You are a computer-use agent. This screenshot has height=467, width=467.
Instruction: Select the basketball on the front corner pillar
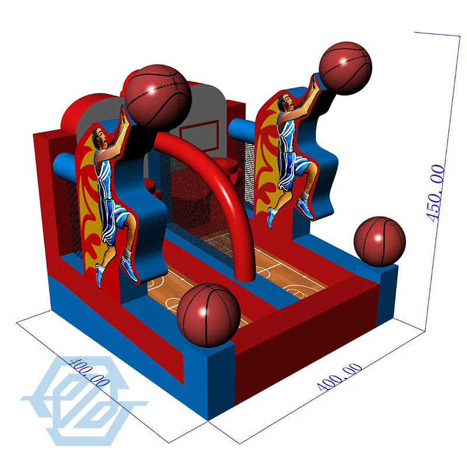pos(208,315)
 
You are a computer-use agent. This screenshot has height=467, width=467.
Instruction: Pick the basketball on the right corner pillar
pos(380,242)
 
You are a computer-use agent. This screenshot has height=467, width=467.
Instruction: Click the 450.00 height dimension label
pos(437,193)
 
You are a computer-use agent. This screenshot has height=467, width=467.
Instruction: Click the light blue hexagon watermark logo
pos(82,397)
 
